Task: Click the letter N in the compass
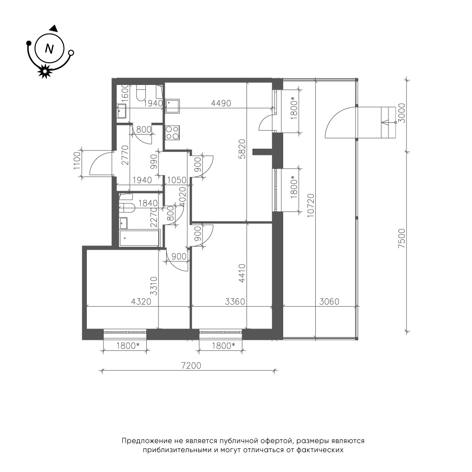point(49,49)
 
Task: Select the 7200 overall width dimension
point(191,366)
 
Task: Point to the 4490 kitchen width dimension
point(221,103)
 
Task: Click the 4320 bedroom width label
point(141,301)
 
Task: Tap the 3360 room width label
point(235,301)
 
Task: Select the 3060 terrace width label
point(329,301)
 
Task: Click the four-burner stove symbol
point(172,133)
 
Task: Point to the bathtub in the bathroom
point(139,238)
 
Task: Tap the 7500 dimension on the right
point(402,238)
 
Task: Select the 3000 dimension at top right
point(402,113)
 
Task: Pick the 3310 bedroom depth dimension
point(153,287)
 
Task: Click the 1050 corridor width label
point(177,180)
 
